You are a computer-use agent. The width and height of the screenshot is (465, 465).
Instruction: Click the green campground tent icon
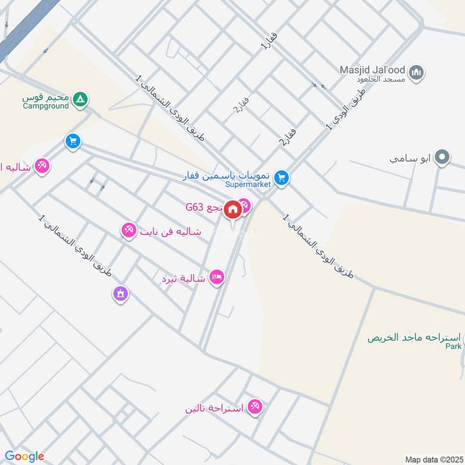coord(81,100)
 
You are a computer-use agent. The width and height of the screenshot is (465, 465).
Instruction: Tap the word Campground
coord(46,106)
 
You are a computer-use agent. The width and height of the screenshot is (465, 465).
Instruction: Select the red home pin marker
coord(232,209)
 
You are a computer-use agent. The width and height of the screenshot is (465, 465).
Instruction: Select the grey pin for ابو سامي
coord(443,158)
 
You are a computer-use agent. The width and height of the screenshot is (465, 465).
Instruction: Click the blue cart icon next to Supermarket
coord(281,178)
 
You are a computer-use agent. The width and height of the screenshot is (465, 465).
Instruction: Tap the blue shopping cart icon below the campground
coord(73,142)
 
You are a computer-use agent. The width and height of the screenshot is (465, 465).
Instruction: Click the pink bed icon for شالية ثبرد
coord(217,278)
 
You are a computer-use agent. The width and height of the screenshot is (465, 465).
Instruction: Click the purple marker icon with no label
coord(120,294)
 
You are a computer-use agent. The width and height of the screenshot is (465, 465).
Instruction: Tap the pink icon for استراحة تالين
coord(254,407)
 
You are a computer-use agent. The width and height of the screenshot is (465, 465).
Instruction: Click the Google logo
coord(24,456)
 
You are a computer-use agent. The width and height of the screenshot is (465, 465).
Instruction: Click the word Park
coord(453,346)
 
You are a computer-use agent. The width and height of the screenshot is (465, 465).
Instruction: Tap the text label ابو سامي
coord(410,158)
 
